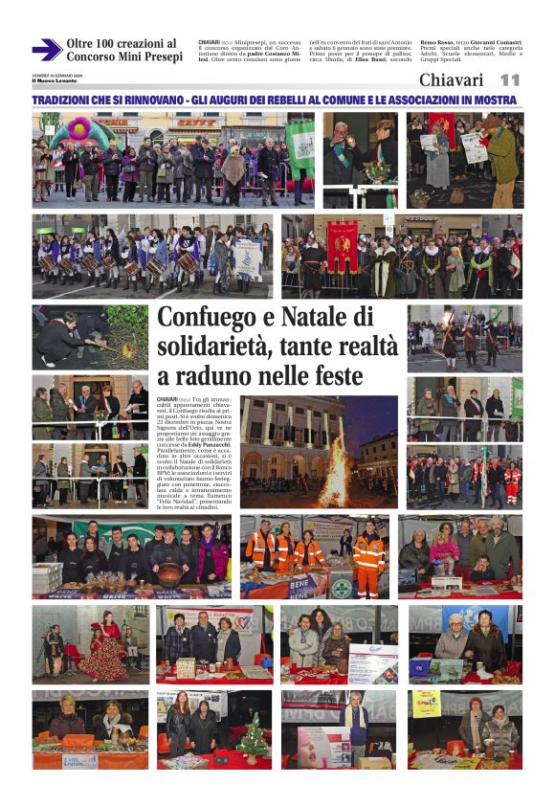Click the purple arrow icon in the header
[46, 50]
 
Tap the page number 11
[510, 80]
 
